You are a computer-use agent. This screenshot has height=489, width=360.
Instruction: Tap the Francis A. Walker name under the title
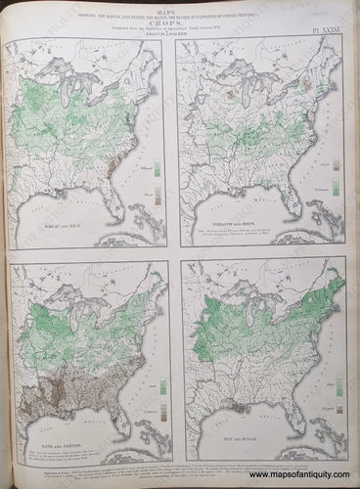click(x=179, y=39)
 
